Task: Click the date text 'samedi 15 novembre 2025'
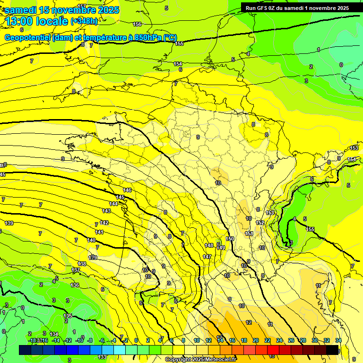click(62, 10)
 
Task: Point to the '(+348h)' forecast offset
click(84, 21)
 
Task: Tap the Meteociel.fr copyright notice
click(200, 359)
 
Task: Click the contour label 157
click(82, 6)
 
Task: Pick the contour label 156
click(137, 24)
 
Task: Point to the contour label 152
click(260, 223)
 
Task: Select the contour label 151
click(249, 233)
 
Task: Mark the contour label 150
click(230, 239)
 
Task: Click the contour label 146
click(127, 190)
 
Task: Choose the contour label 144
click(113, 204)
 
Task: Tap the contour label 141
click(99, 232)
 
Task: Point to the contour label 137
click(76, 270)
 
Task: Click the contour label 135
click(67, 316)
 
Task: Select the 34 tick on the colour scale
click(338, 340)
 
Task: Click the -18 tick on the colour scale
click(33, 340)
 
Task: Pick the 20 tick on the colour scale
click(256, 340)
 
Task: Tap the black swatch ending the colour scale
click(332, 350)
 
